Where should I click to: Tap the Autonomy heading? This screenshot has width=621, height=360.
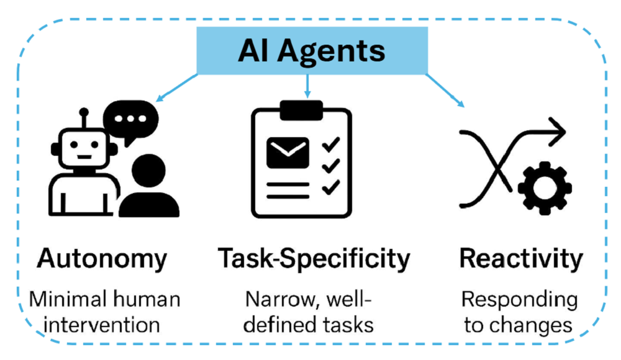102,258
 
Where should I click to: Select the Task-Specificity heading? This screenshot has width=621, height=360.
314,258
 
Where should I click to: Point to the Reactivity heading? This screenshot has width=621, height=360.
521,258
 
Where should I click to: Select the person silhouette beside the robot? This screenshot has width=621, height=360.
149,186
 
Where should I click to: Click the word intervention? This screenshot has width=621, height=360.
104,325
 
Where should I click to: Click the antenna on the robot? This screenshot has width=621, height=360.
83,116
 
